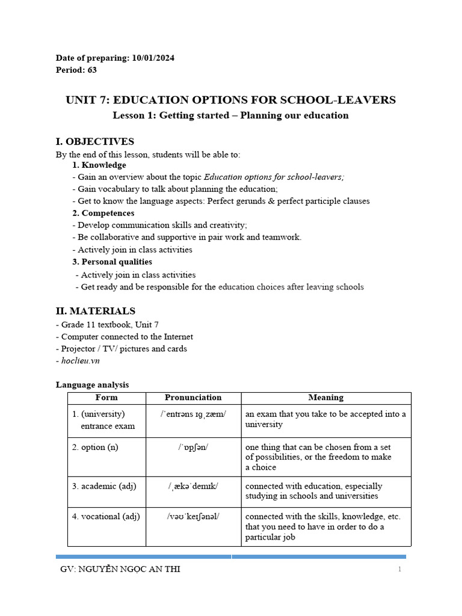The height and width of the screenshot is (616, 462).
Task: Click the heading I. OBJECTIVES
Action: pyautogui.click(x=95, y=141)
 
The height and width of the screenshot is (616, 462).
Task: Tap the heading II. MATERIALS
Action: pyautogui.click(x=96, y=311)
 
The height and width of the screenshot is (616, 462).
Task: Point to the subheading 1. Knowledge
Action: pyautogui.click(x=99, y=165)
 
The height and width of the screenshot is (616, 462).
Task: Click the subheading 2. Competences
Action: pyautogui.click(x=103, y=213)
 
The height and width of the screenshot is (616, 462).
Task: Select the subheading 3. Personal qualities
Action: pyautogui.click(x=112, y=262)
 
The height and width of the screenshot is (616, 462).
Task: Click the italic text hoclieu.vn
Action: pyautogui.click(x=80, y=360)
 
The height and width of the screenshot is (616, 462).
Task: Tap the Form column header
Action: pyautogui.click(x=106, y=398)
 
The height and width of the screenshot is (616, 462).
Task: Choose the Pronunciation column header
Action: pyautogui.click(x=193, y=398)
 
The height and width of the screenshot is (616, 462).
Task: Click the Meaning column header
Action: pyautogui.click(x=325, y=398)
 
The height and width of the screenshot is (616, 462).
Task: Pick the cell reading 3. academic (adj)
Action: pyautogui.click(x=104, y=486)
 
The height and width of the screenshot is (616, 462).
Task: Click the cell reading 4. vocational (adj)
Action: pyautogui.click(x=106, y=516)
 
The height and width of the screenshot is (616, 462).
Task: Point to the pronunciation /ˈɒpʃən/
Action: pyautogui.click(x=193, y=447)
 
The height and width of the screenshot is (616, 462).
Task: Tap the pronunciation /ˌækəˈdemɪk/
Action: pyautogui.click(x=193, y=486)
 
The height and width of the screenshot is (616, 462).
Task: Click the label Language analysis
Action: pyautogui.click(x=92, y=384)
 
